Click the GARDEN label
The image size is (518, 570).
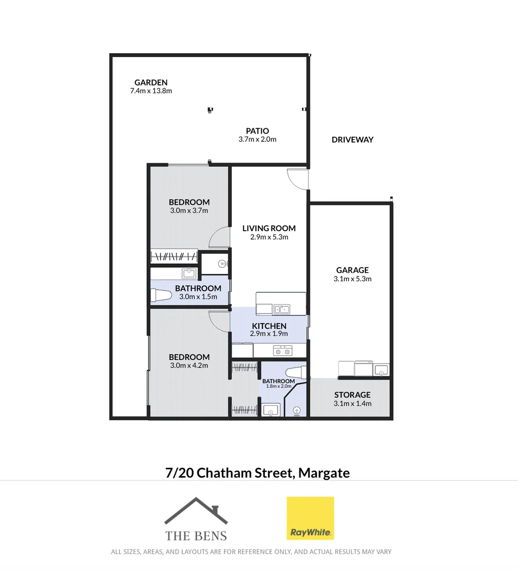click(151, 82)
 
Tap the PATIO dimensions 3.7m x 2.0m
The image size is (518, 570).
click(257, 140)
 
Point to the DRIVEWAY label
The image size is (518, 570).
click(352, 140)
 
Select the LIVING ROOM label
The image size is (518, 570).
click(269, 229)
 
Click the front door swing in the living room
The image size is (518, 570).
click(296, 178)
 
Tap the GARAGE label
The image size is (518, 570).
click(352, 270)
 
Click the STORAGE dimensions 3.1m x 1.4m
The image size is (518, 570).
click(352, 404)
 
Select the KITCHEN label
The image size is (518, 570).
click(269, 326)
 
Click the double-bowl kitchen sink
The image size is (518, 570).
click(280, 309)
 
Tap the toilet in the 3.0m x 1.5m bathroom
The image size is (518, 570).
click(161, 297)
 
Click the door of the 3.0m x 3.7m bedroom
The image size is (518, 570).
click(219, 239)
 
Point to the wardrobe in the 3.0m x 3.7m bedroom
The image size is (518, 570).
click(174, 256)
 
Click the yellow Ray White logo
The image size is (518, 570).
click(310, 518)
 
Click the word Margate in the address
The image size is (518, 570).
click(324, 472)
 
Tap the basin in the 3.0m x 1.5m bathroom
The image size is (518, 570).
click(189, 273)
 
